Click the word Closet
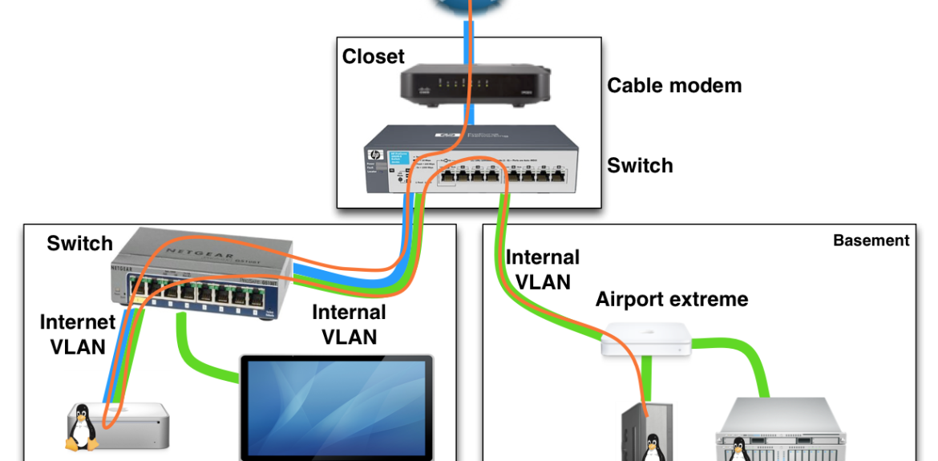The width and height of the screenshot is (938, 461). [x=374, y=57]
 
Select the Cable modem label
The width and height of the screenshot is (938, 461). [x=674, y=85]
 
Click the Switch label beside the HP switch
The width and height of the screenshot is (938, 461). [x=640, y=166]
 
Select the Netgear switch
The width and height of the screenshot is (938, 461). [x=196, y=277]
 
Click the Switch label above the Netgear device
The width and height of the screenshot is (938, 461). [x=80, y=244]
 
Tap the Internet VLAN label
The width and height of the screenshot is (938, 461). [x=78, y=334]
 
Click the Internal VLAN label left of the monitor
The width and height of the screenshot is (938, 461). [x=349, y=324]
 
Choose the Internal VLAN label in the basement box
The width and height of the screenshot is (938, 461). [x=542, y=269]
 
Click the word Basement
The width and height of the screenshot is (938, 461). [x=871, y=241]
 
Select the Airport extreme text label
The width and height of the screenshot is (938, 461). [x=672, y=300]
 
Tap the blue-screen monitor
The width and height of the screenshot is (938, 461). [x=337, y=409]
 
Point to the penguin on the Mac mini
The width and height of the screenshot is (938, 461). [x=81, y=429]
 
